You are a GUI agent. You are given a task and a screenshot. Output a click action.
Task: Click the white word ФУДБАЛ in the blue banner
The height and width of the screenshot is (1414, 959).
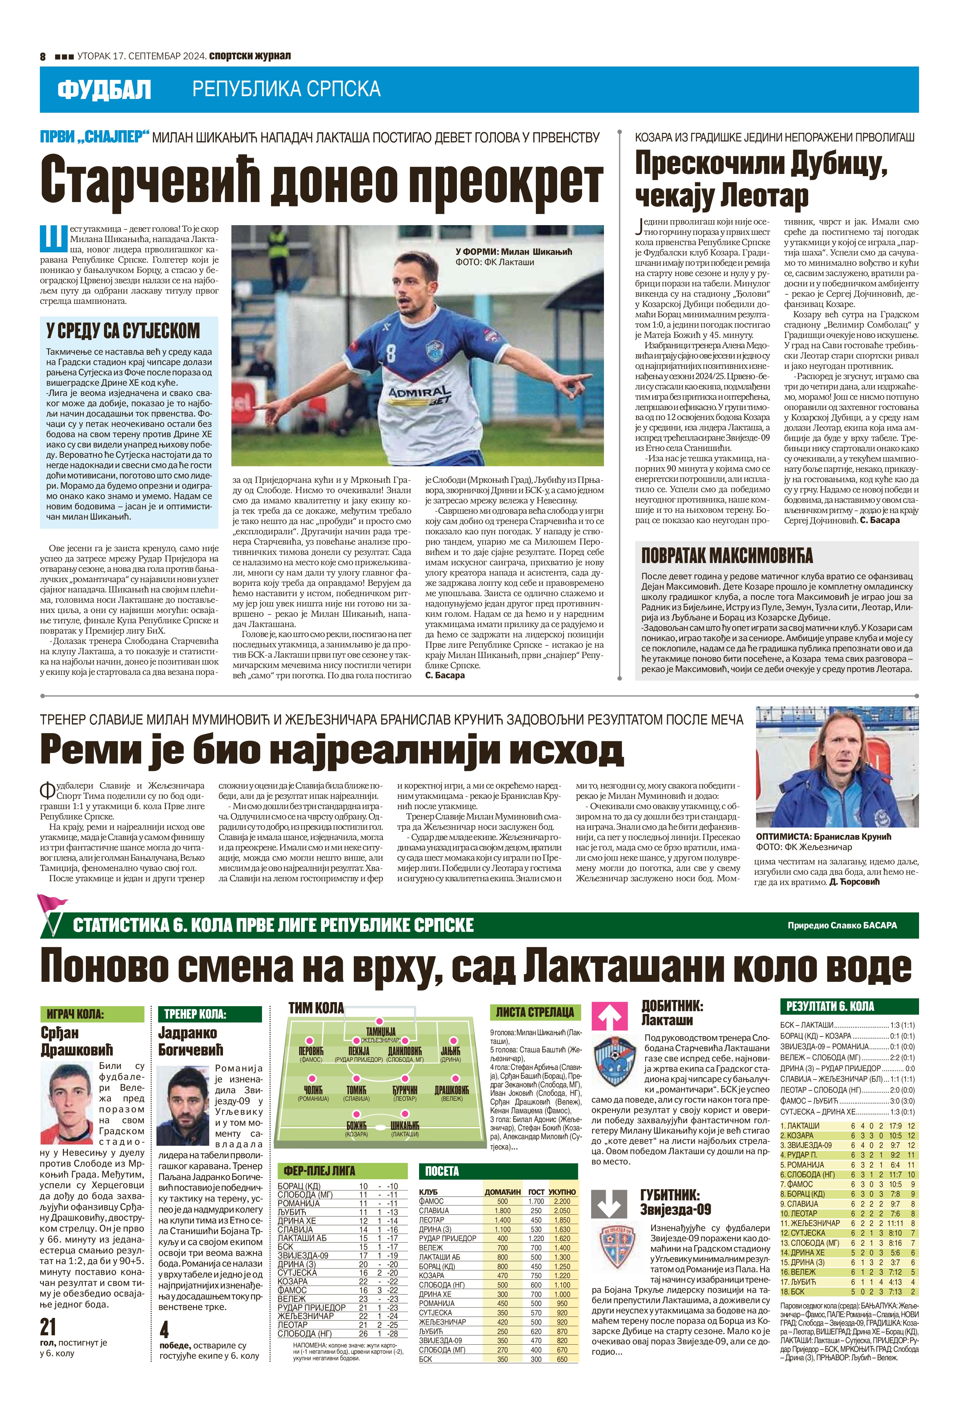click(x=104, y=90)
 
